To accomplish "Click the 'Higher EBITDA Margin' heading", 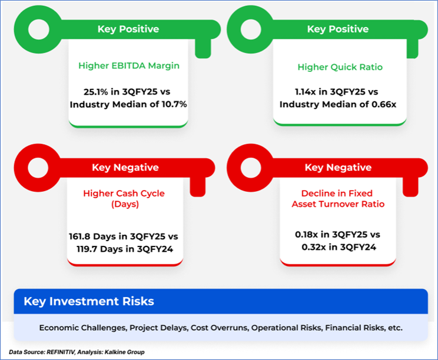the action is pyautogui.click(x=129, y=66).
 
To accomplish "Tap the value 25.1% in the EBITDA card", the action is pyautogui.click(x=95, y=92).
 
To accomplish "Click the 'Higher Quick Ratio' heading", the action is pyautogui.click(x=340, y=67).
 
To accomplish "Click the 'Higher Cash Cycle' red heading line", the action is pyautogui.click(x=124, y=194).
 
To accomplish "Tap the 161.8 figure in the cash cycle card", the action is pyautogui.click(x=79, y=236).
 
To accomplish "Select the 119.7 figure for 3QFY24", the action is pyautogui.click(x=87, y=249).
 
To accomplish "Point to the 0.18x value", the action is pyautogui.click(x=307, y=235).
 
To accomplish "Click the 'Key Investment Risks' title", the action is pyautogui.click(x=89, y=301).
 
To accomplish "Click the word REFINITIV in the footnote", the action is pyautogui.click(x=61, y=352).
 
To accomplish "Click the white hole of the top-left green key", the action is pyautogui.click(x=39, y=29).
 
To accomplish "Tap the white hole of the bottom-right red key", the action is pyautogui.click(x=251, y=168).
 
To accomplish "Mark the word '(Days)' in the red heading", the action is pyautogui.click(x=125, y=204).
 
